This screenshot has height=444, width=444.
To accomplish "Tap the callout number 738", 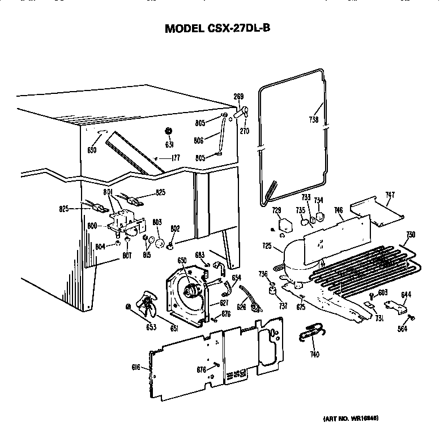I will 314,119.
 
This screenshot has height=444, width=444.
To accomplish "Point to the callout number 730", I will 411,235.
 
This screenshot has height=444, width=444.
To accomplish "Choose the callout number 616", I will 136,368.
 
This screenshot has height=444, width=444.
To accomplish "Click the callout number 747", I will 390,195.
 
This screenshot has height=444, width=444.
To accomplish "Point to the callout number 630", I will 92,150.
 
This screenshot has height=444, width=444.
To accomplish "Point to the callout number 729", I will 276,210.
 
